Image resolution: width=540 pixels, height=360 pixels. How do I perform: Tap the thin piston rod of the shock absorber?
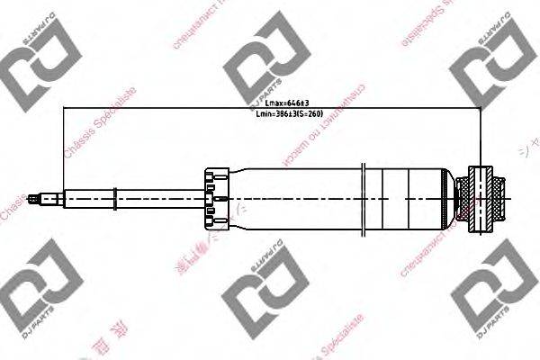point(135,195)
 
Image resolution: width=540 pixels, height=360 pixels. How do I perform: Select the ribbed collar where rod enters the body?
point(213,195)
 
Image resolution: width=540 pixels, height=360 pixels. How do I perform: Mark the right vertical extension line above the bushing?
point(482,135)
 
